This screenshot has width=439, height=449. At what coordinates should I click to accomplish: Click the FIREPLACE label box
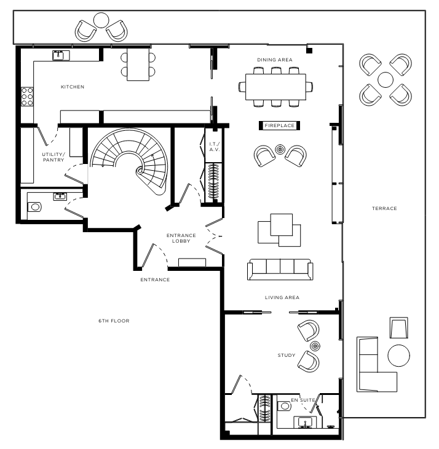pos(279,125)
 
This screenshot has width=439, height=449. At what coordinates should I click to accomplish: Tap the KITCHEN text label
pos(73,87)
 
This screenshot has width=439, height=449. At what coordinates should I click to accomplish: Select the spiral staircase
pos(129,161)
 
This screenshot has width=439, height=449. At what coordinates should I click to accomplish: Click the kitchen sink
pos(61,55)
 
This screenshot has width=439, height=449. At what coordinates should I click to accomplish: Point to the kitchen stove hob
pos(27,96)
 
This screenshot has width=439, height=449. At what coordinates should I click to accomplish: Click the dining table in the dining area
pos(275,87)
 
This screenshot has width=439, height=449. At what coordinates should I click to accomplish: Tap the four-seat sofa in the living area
pos(280,270)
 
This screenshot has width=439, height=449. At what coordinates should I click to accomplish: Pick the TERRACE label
pos(384,208)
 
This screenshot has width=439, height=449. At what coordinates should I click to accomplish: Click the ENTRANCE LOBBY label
pos(181,238)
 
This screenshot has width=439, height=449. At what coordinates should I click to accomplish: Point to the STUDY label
pos(287,356)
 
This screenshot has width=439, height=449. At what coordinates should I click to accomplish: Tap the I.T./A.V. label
pos(214,147)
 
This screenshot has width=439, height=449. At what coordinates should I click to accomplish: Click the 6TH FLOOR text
pos(114,321)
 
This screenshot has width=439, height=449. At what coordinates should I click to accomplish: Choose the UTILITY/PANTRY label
pos(53,157)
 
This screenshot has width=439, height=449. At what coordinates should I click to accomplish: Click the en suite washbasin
pos(305,422)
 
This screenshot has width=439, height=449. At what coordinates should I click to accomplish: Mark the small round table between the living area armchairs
pos(280,149)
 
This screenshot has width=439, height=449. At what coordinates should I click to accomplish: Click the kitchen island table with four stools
pos(138,64)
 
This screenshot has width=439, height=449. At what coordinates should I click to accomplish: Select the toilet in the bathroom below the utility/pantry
pos(34,207)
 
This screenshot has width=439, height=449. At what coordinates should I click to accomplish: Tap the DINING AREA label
pos(274,60)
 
